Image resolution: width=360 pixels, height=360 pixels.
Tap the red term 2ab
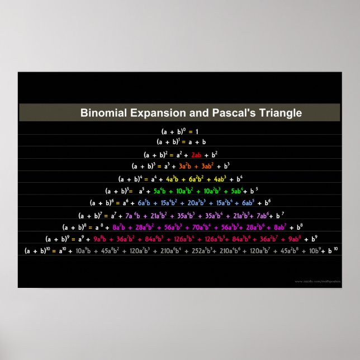click(x=196, y=154)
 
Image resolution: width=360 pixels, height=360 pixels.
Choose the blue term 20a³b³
click(x=199, y=203)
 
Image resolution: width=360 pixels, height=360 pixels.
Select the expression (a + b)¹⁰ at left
click(x=37, y=251)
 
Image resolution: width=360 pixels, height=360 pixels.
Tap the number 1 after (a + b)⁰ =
click(x=197, y=131)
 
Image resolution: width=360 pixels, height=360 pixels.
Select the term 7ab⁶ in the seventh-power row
click(x=266, y=215)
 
